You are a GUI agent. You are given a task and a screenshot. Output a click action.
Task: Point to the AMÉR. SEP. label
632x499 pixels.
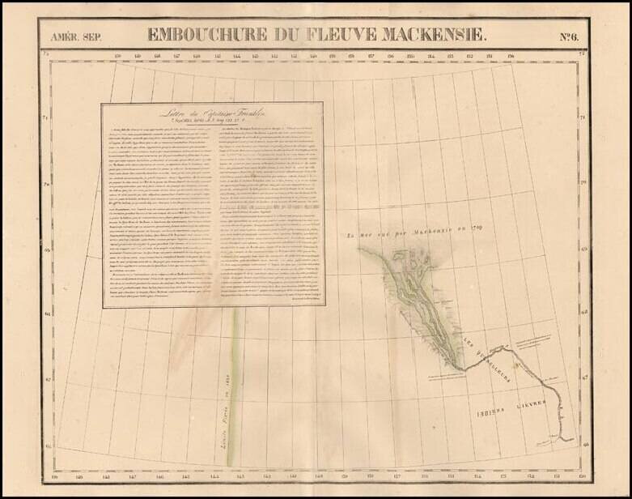[x=76, y=36]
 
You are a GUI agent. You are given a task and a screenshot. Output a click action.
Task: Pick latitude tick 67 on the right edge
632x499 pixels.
[x=584, y=378]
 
